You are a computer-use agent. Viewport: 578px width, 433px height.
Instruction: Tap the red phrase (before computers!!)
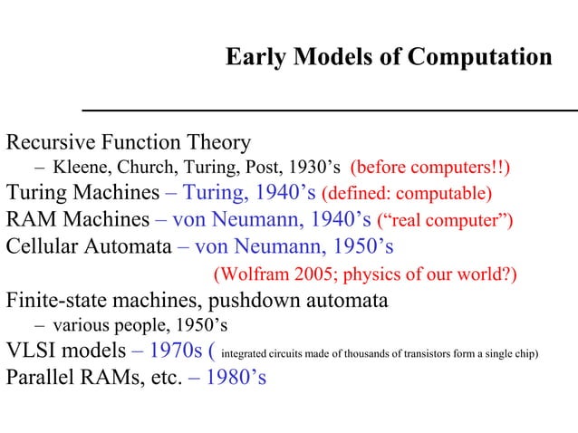(430, 168)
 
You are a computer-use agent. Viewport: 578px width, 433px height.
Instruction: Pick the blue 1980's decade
(235, 377)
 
